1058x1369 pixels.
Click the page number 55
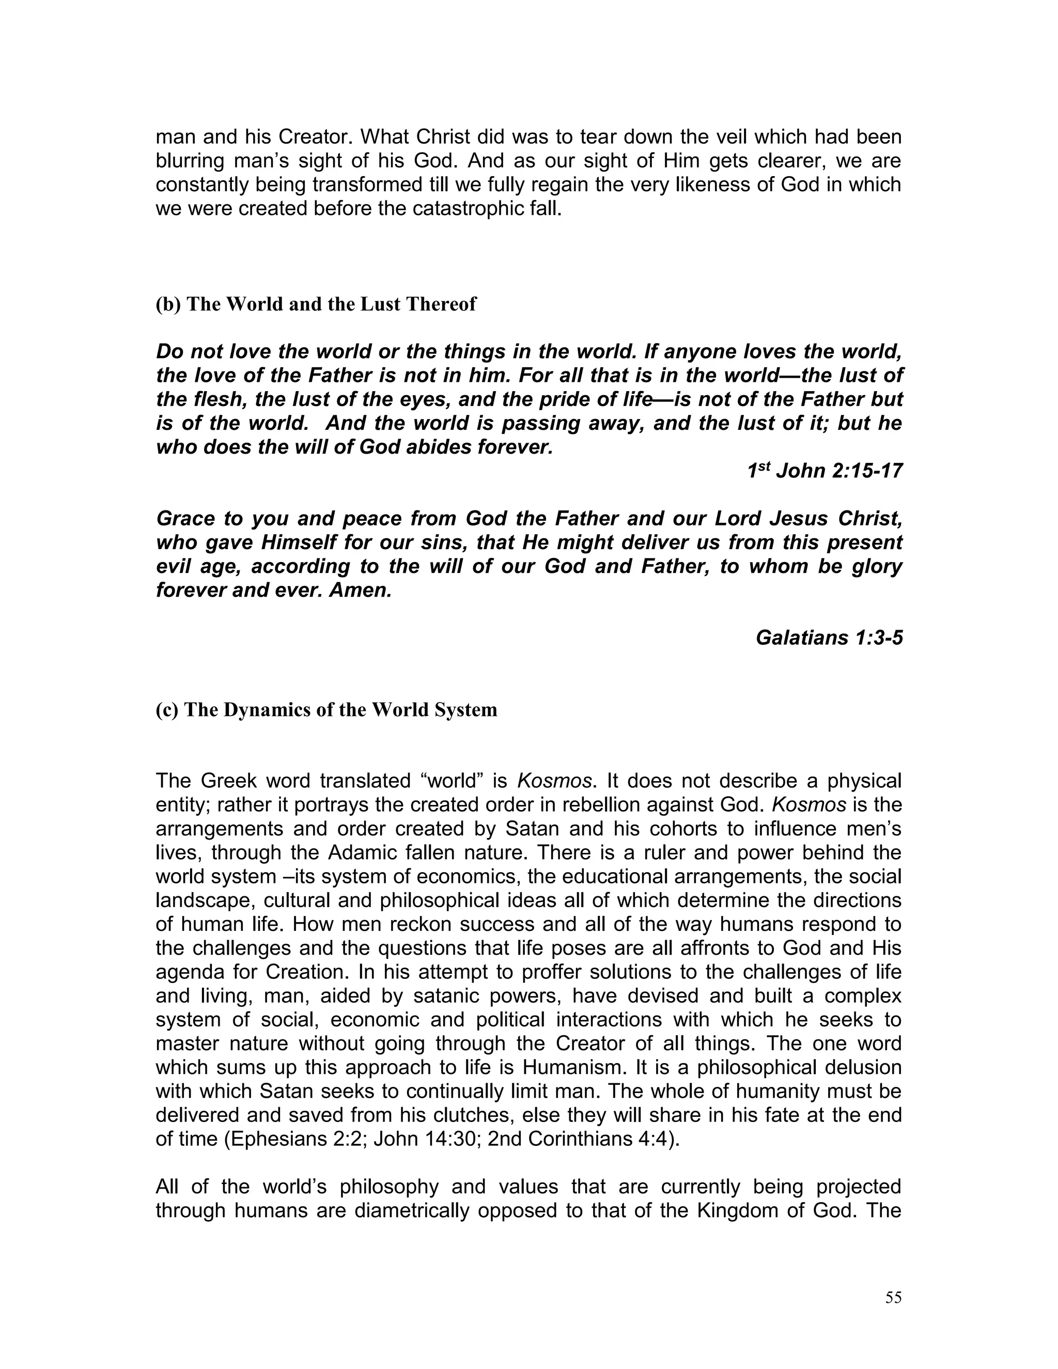pyautogui.click(x=893, y=1298)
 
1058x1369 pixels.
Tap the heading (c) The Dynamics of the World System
pyautogui.click(x=326, y=710)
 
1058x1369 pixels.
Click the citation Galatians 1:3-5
pyautogui.click(x=829, y=637)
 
